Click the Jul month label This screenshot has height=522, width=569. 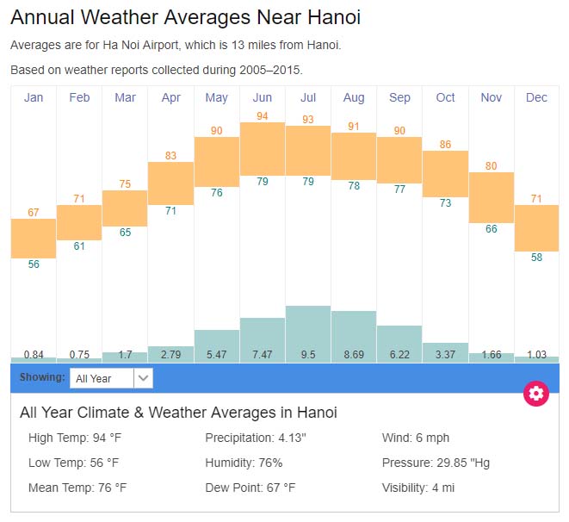(x=307, y=97)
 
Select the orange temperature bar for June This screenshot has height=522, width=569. (x=262, y=148)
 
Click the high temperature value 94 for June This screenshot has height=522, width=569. (x=263, y=116)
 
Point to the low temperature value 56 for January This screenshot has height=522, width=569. (x=34, y=264)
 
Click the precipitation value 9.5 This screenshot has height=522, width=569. (x=308, y=354)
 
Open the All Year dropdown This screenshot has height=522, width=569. (x=111, y=377)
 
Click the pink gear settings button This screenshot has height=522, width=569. (x=536, y=394)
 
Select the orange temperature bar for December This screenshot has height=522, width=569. (x=536, y=227)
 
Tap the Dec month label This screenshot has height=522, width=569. (x=536, y=97)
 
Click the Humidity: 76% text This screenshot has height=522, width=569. (x=244, y=463)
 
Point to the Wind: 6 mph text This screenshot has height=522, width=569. (x=416, y=438)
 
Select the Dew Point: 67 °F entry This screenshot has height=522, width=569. (x=250, y=488)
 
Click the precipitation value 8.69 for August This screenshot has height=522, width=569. (x=353, y=354)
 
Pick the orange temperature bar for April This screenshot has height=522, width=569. (x=170, y=183)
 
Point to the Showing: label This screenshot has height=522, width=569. (x=42, y=377)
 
